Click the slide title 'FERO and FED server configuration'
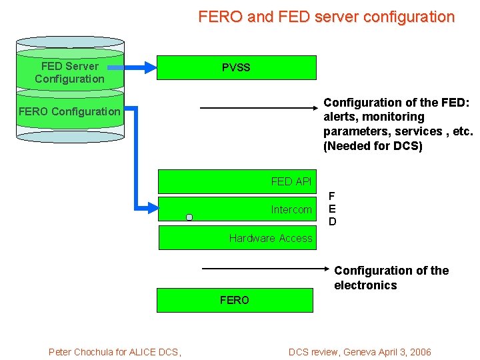tap(326, 17)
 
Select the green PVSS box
tap(236, 67)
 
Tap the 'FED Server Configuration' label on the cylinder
tap(69, 72)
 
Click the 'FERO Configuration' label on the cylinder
tap(69, 111)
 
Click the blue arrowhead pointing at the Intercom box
tap(151, 208)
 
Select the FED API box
tap(237, 181)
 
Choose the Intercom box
tap(237, 209)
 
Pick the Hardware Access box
tap(237, 238)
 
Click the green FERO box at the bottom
tap(235, 300)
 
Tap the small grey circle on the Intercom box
tap(189, 217)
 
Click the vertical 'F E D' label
tap(333, 209)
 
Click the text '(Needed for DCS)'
tap(373, 146)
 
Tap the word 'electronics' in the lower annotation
tap(365, 285)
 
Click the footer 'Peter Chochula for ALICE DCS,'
tap(115, 352)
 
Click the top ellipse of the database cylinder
tap(70, 41)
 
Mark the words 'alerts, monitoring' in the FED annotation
tap(373, 117)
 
